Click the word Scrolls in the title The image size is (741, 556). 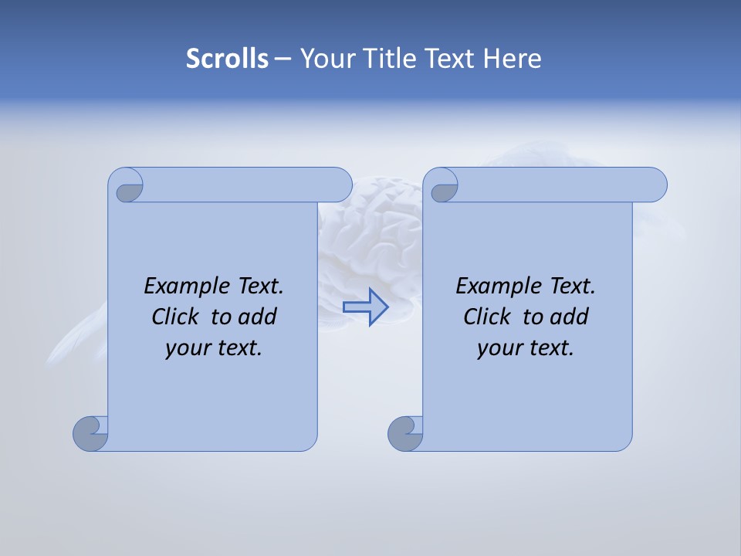pos(227,59)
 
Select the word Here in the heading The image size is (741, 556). pos(512,59)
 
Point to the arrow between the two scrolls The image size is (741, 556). pos(366,307)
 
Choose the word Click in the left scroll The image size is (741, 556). pos(178,317)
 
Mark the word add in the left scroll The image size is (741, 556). pos(257,317)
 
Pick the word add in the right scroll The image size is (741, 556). pos(569,317)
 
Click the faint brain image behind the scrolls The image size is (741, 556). pos(370,232)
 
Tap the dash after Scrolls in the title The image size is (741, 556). pos(283,59)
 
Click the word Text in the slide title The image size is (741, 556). pos(452,59)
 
